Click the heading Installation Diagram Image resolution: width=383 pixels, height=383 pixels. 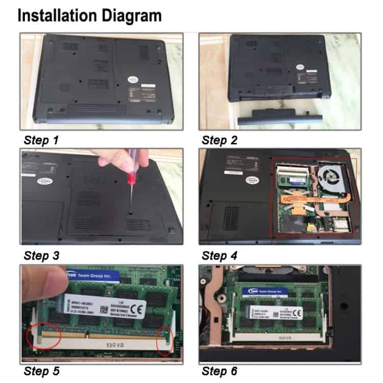tap(90, 16)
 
